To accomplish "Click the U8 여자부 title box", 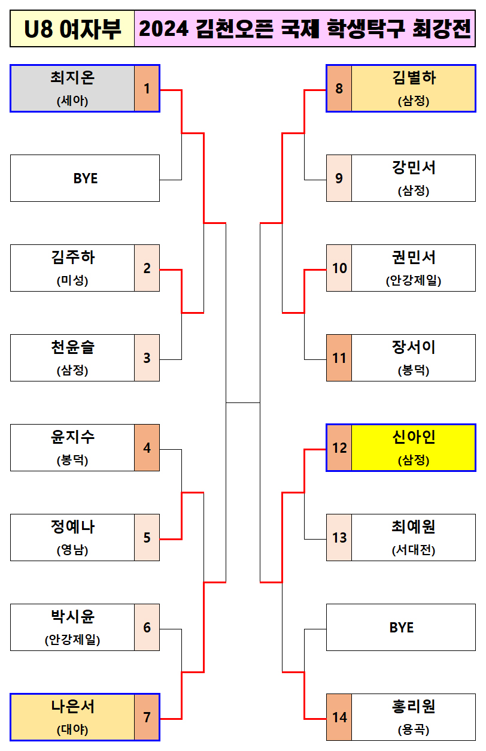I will [72, 29].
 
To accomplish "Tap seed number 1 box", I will [147, 89].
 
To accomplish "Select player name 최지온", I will [72, 78].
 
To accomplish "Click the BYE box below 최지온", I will [85, 178].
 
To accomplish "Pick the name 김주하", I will [72, 258].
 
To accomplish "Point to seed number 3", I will [147, 358].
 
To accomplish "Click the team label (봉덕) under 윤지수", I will [72, 461].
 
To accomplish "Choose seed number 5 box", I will [147, 538].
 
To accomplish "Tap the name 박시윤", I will [72, 617].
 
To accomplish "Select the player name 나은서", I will [72, 707].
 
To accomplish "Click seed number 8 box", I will [339, 89].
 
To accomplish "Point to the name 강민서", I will [413, 168].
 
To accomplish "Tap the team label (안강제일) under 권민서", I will [413, 281].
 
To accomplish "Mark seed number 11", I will [339, 358].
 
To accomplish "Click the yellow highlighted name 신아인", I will [413, 437].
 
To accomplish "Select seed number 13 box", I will [339, 538].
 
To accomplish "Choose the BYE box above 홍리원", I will [401, 628].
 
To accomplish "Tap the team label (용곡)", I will [413, 730].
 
